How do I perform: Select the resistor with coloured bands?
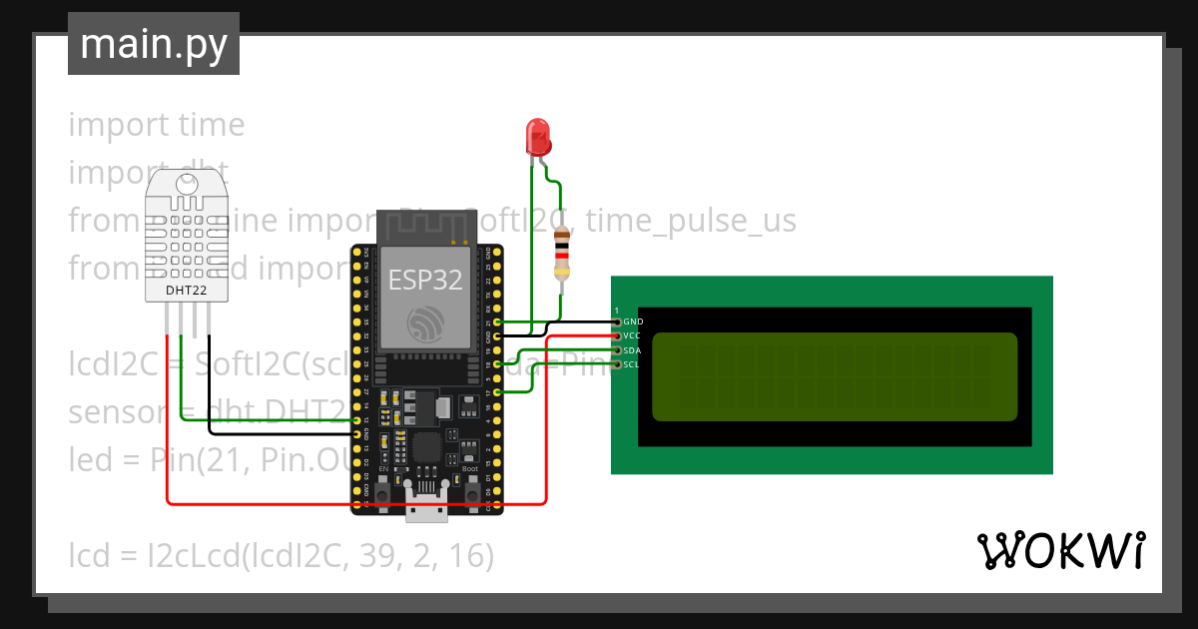563,252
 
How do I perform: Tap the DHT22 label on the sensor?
187,291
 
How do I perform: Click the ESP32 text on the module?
425,281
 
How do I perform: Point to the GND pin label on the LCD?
633,322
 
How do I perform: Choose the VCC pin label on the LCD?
633,336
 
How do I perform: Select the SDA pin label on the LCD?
633,351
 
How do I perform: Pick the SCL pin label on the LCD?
633,365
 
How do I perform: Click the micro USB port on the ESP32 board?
426,509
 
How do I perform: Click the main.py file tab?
154,44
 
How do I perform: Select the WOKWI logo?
1060,550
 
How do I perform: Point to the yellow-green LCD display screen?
835,376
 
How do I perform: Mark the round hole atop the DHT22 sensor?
187,185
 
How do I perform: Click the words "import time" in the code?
157,125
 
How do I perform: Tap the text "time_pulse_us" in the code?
691,220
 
